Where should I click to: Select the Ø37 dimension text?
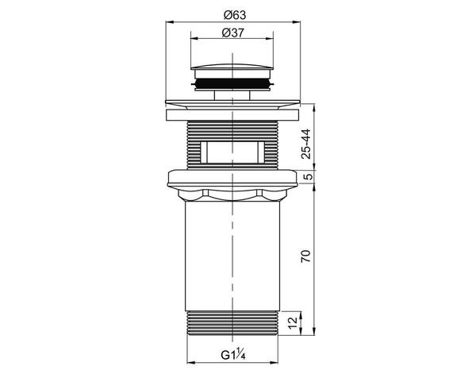click(x=230, y=32)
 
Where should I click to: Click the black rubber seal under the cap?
click(x=230, y=83)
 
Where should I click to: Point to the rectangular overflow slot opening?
click(x=230, y=149)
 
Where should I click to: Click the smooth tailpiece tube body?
click(x=230, y=254)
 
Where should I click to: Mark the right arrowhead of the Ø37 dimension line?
click(x=270, y=40)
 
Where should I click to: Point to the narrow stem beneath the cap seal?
click(x=230, y=94)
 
